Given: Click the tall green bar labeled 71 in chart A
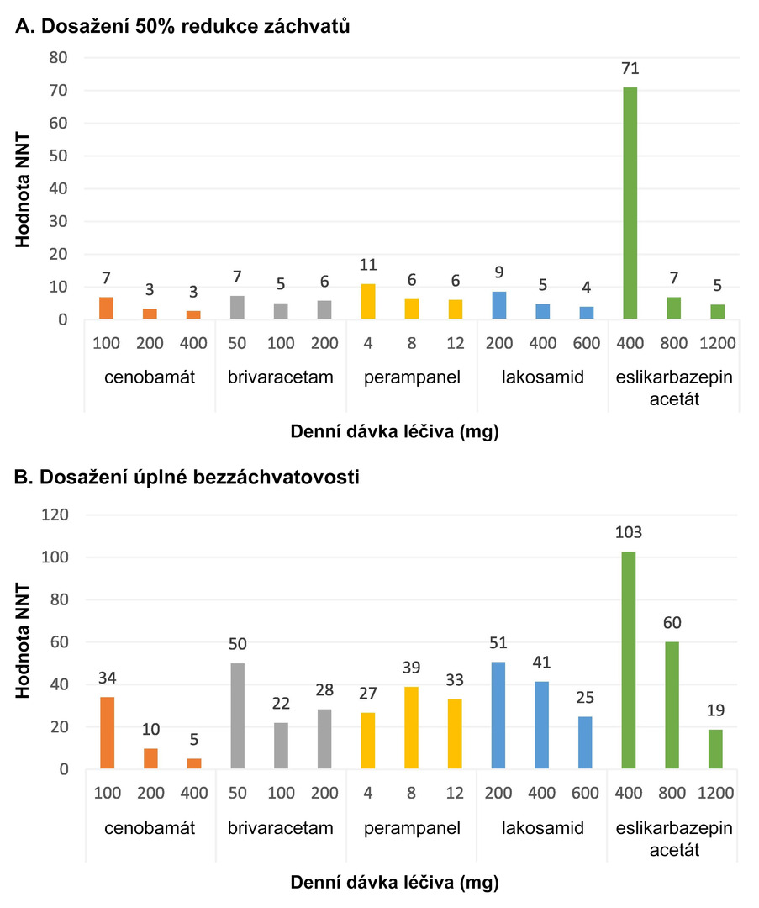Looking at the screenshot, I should pos(630,203).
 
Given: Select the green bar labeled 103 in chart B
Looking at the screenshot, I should pos(630,660).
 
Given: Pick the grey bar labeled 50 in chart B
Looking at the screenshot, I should pos(238,716).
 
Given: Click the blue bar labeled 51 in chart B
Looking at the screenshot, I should pos(498,715).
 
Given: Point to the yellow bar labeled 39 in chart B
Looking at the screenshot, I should pos(412,728).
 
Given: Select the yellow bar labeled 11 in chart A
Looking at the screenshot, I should pos(368,302).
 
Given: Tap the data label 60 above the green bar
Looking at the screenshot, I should pos(673,623).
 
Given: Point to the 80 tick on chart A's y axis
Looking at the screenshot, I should pos(58,58).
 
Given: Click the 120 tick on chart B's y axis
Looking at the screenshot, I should pos(54,515).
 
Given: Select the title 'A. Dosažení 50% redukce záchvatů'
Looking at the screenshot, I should pos(182,27).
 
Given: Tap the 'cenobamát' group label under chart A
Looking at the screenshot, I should pos(150,377).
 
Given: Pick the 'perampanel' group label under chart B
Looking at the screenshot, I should pos(412,828).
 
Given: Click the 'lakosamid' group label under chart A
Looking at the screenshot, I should pos(542,377).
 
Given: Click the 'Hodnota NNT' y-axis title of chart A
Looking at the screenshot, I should pos(25,188).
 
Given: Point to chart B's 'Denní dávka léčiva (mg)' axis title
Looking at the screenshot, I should pos(394,883).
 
